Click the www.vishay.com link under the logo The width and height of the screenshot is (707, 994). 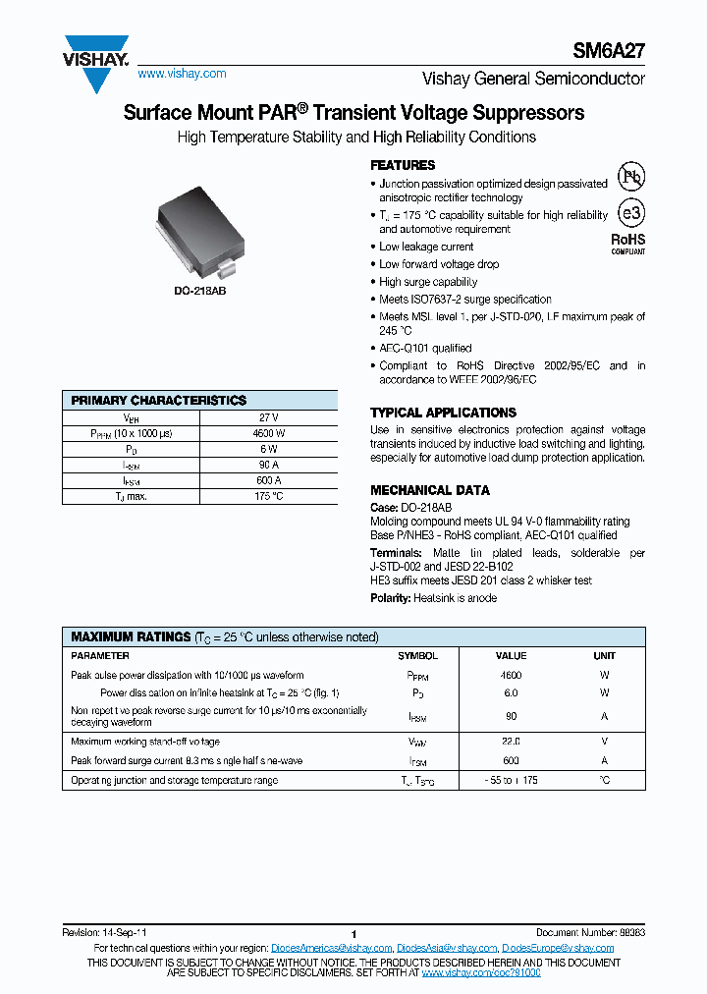tap(183, 74)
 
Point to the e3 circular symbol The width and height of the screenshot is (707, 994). tap(629, 213)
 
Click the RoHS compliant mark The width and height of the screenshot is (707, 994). tap(628, 242)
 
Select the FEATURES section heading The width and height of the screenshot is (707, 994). tap(403, 165)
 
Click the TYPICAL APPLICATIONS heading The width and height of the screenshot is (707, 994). tap(443, 413)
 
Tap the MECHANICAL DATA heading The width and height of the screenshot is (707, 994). tap(430, 490)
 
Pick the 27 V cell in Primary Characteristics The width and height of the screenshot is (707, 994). tap(268, 417)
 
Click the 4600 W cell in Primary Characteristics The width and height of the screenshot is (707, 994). tap(268, 433)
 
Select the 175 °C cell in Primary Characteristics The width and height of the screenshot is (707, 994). tap(268, 496)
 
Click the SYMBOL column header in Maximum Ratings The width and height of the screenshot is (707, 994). tap(417, 655)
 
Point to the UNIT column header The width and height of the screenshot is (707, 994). tap(604, 655)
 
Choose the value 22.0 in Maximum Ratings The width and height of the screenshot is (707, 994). tap(511, 742)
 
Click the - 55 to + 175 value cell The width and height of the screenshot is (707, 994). tap(511, 780)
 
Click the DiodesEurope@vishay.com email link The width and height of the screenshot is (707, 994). tap(558, 948)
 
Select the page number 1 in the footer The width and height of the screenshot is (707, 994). tap(353, 934)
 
